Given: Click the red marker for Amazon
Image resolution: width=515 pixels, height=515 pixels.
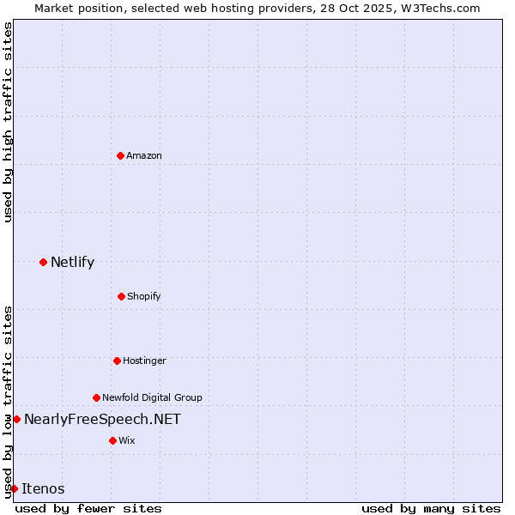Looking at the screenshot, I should tap(120, 155).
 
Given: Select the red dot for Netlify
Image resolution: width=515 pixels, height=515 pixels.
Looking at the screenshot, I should tap(43, 262).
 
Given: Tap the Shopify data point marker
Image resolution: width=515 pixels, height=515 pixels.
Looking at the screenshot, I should tap(121, 296).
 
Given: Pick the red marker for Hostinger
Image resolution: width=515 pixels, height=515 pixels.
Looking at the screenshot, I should tap(117, 360).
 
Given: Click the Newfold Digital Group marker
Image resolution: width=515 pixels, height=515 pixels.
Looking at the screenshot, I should tap(96, 397).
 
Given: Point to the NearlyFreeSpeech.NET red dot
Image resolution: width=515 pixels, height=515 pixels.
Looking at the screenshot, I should tap(16, 419).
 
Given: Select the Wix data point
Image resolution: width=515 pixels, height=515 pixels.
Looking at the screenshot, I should tap(112, 440).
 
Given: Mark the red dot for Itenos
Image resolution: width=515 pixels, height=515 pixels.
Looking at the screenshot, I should tap(14, 488).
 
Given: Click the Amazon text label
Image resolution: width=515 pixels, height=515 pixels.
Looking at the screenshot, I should tap(144, 155).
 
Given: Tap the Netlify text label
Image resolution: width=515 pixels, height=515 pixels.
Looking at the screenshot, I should tap(72, 262).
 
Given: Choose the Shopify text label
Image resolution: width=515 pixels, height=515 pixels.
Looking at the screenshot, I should tap(144, 296).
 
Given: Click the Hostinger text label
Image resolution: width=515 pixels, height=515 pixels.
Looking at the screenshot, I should tap(144, 360).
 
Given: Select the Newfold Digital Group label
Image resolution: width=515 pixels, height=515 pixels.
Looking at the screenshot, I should tap(152, 397).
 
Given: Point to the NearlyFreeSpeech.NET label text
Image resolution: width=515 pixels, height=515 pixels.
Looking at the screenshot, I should tap(102, 419).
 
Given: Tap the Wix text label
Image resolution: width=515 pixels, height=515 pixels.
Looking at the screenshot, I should tap(127, 440).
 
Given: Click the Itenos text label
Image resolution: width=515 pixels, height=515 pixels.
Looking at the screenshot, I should tap(43, 488).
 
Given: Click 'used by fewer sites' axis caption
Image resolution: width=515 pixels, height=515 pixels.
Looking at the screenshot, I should tap(88, 508).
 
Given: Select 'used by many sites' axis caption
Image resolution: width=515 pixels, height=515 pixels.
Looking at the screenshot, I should tap(431, 508).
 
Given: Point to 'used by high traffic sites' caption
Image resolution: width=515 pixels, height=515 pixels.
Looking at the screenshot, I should tap(8, 122).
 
